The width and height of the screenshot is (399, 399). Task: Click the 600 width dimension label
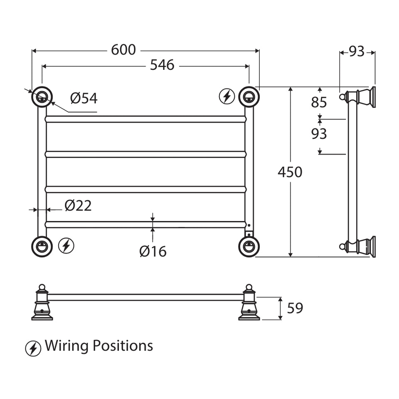[123, 50]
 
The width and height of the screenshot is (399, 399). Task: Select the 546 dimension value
[162, 65]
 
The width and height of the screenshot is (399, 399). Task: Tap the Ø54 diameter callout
[84, 98]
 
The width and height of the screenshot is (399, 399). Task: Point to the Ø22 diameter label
[78, 206]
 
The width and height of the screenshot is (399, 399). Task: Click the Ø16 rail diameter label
[153, 251]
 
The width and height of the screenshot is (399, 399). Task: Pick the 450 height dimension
[290, 172]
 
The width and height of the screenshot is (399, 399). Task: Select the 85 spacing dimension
[319, 102]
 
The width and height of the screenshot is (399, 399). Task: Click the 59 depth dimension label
[295, 308]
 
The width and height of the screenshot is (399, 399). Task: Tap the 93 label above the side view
[357, 52]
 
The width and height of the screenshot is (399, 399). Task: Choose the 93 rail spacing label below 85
[319, 133]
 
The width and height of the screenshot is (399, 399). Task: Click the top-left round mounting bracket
[42, 97]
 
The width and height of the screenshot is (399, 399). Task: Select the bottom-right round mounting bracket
[249, 246]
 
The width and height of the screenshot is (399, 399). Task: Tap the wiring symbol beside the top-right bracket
[227, 96]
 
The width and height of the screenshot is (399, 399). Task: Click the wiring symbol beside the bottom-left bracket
[66, 246]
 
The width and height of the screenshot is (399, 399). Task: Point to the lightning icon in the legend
[33, 348]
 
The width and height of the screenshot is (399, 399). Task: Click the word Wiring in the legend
[67, 346]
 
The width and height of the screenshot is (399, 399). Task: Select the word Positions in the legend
[123, 345]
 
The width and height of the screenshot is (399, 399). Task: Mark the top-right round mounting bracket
[249, 97]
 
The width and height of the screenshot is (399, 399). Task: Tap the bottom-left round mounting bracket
[42, 246]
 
